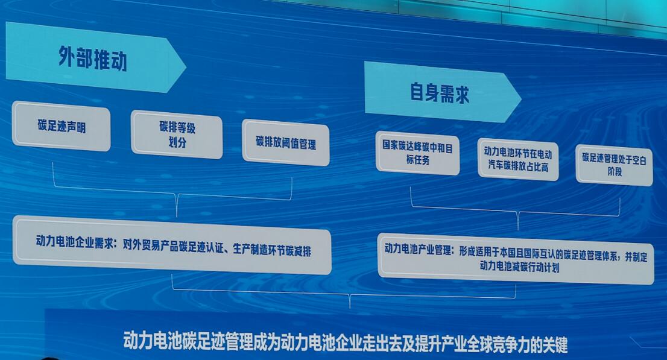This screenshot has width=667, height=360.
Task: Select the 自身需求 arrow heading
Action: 443,92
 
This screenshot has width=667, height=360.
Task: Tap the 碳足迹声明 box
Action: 62,126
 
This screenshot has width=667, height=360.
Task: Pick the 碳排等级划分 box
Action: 177,134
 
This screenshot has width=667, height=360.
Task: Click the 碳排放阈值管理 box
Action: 286,142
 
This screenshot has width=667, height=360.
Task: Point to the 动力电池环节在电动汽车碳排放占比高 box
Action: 518,159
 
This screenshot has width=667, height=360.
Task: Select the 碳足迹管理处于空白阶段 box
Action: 615,165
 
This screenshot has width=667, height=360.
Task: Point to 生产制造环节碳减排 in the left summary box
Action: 272,250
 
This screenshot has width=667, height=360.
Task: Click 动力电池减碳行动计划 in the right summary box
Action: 519,267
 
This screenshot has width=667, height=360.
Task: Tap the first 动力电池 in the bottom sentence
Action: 153,340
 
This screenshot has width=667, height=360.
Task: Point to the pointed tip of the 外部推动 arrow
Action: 186,67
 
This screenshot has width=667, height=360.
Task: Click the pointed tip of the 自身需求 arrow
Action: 522,98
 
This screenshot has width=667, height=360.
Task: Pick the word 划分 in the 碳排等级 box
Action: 177,142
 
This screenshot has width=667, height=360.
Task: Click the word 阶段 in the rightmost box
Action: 615,171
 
